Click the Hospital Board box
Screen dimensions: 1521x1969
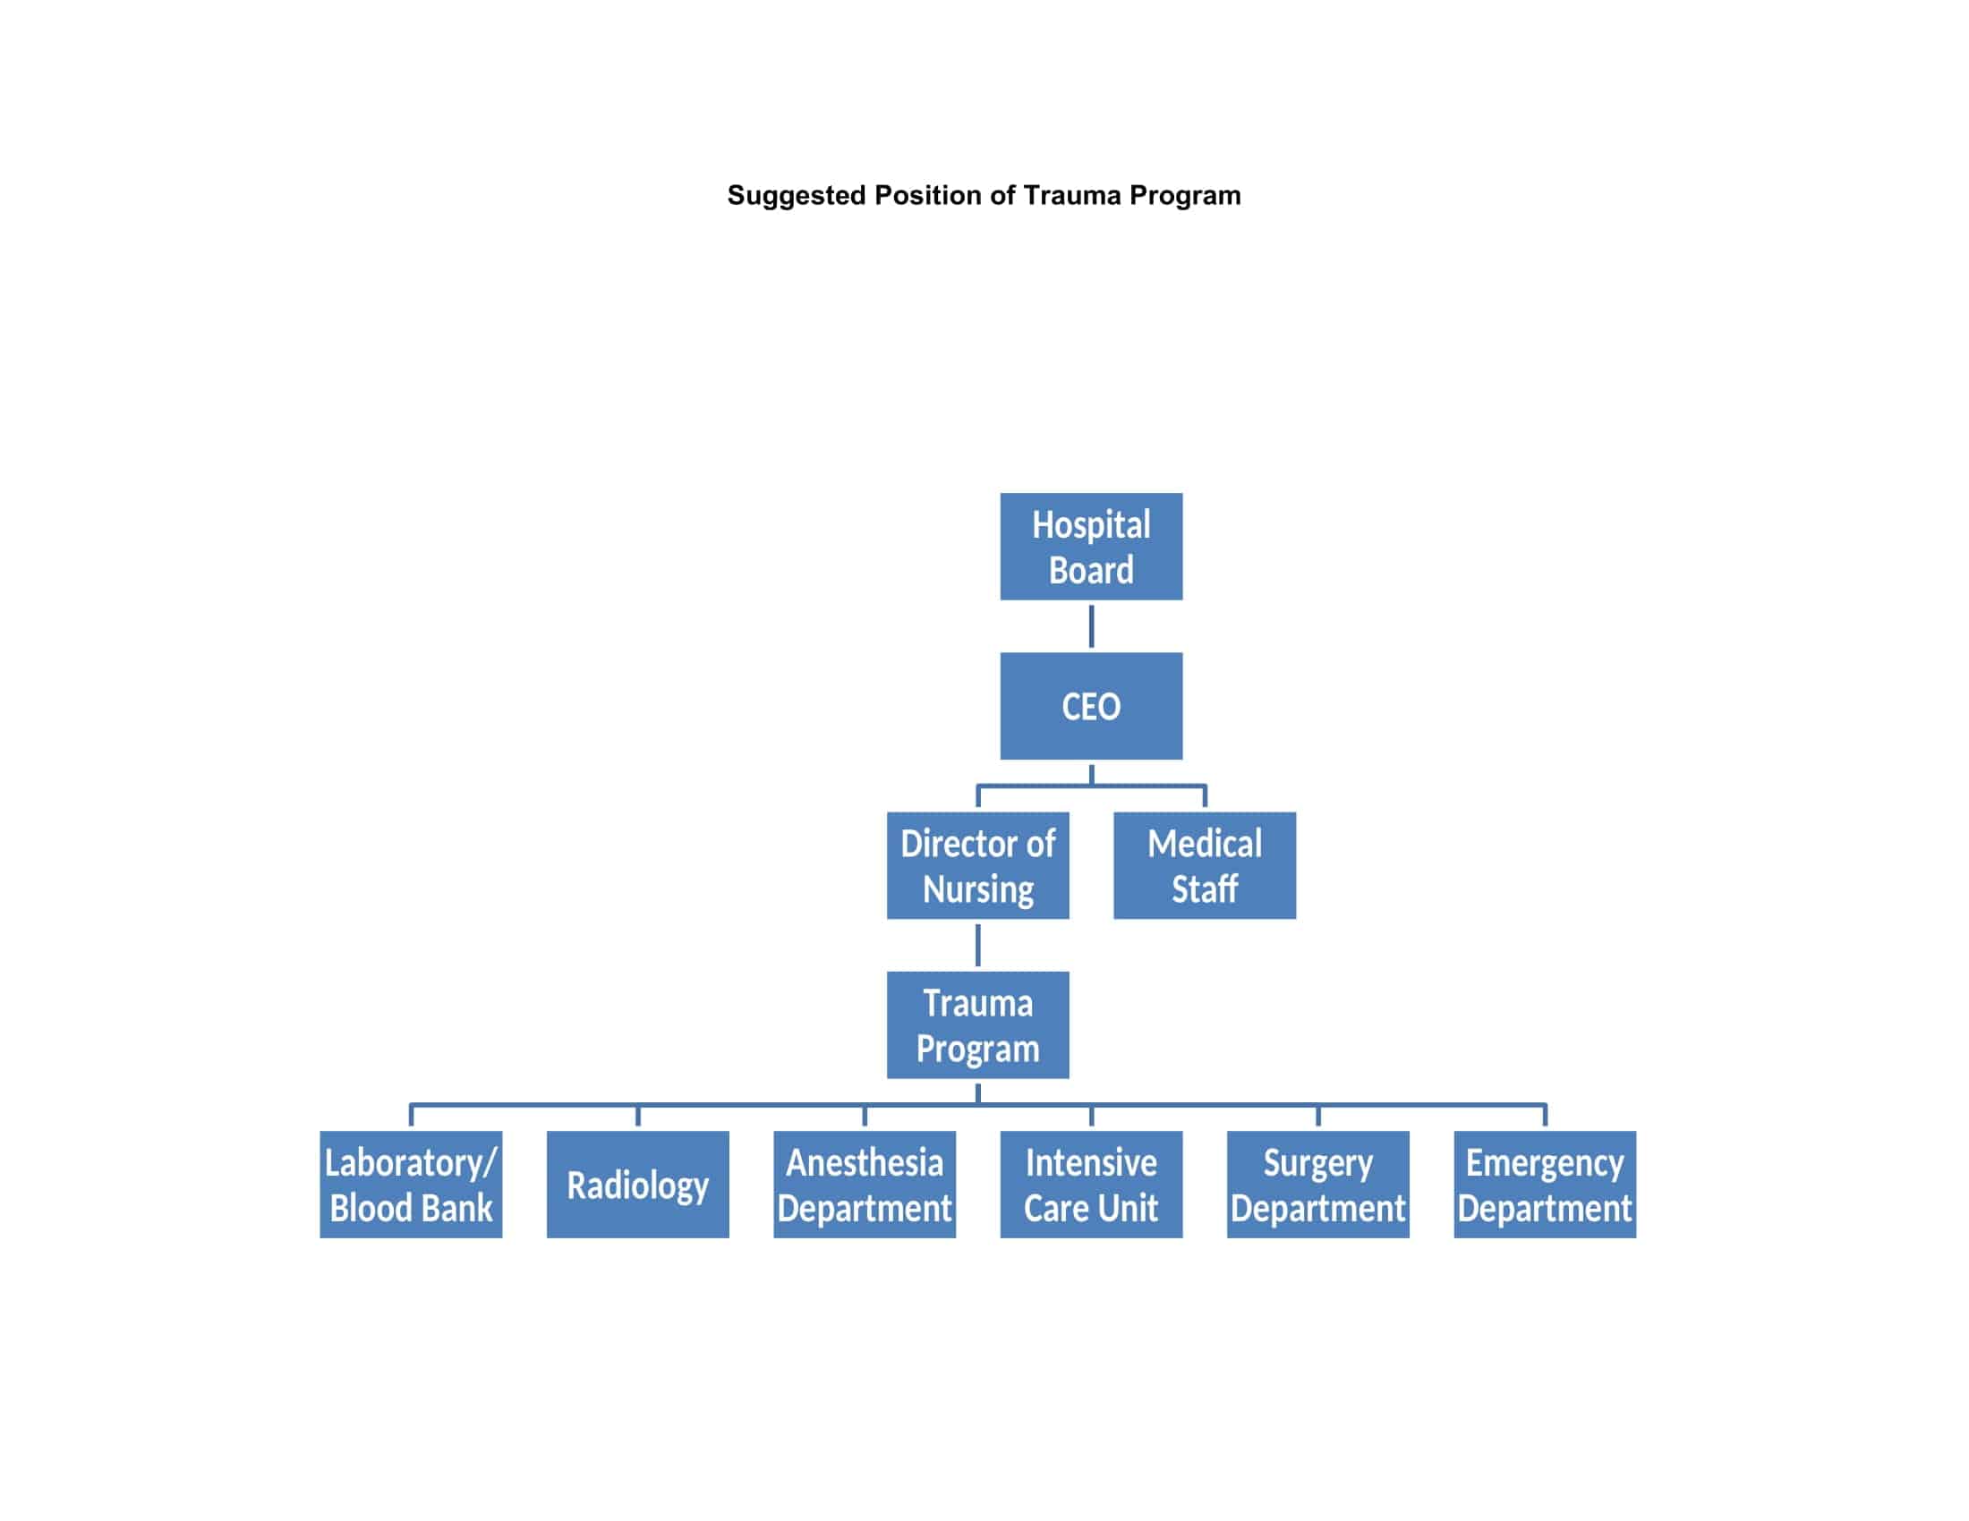click(1091, 546)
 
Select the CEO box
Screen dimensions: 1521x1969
click(1091, 706)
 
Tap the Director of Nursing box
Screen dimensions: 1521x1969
click(977, 865)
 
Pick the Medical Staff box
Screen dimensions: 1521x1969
click(1205, 865)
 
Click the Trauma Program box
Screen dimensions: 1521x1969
click(977, 1024)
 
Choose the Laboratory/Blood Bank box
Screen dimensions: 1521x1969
click(410, 1184)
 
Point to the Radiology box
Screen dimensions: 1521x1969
click(637, 1184)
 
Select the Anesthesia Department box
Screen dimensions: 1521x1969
click(864, 1184)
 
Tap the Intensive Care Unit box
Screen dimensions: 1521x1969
click(1091, 1184)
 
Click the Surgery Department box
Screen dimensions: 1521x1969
click(1317, 1184)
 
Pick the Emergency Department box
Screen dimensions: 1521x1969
click(1545, 1184)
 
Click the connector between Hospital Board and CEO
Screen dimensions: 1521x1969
click(1091, 626)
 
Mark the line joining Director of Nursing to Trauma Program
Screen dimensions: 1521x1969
click(977, 945)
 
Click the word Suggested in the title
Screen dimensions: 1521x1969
click(796, 196)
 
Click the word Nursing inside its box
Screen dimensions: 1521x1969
click(978, 889)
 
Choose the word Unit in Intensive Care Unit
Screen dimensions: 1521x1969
click(1132, 1209)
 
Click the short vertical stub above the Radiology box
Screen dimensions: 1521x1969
click(637, 1116)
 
